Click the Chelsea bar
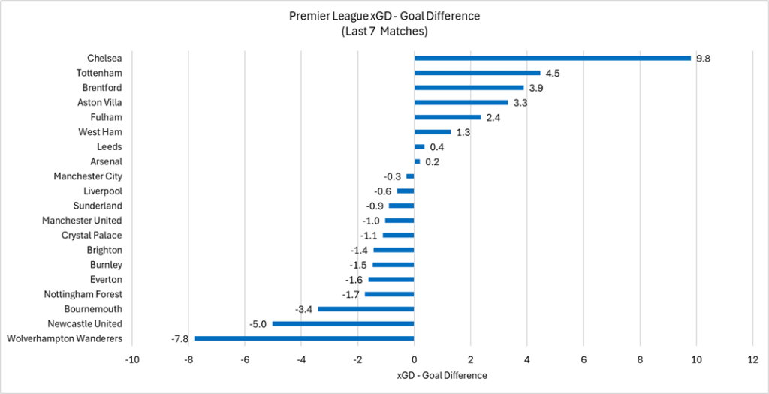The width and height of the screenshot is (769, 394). [x=552, y=58]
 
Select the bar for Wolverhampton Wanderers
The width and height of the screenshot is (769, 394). [x=304, y=338]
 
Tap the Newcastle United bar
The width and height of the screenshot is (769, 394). [x=343, y=324]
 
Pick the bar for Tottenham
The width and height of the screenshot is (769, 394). [x=477, y=73]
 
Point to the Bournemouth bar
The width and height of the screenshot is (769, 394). [x=366, y=309]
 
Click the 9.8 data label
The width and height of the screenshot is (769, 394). [x=703, y=58]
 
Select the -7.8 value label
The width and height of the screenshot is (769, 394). [x=181, y=338]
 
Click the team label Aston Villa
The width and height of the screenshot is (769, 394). [x=99, y=102]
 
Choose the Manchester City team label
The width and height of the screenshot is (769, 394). [x=87, y=176]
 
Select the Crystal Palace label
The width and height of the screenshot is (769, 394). [x=92, y=235]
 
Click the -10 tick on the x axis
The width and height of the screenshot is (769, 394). [x=132, y=359]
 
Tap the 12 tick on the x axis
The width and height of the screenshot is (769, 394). [x=752, y=359]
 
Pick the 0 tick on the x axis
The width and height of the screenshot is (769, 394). [x=414, y=359]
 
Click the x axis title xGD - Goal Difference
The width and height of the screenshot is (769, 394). [x=442, y=375]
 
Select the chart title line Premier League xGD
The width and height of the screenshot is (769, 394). [x=384, y=16]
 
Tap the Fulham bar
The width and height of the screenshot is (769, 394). [x=448, y=117]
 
